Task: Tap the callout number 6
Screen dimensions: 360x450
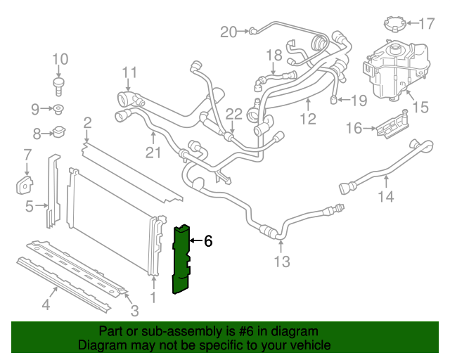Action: (x=208, y=241)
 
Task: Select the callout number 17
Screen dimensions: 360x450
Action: (x=426, y=24)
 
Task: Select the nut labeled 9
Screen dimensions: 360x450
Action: (x=59, y=109)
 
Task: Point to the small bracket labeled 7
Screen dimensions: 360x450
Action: (x=25, y=184)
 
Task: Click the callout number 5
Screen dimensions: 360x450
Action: (x=30, y=206)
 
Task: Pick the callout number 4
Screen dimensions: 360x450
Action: (x=46, y=304)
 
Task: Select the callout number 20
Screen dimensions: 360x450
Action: (x=229, y=31)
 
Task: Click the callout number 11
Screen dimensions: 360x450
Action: (x=129, y=72)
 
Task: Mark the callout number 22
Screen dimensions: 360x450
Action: (x=234, y=114)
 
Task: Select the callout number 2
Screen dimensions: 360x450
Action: (x=87, y=123)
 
